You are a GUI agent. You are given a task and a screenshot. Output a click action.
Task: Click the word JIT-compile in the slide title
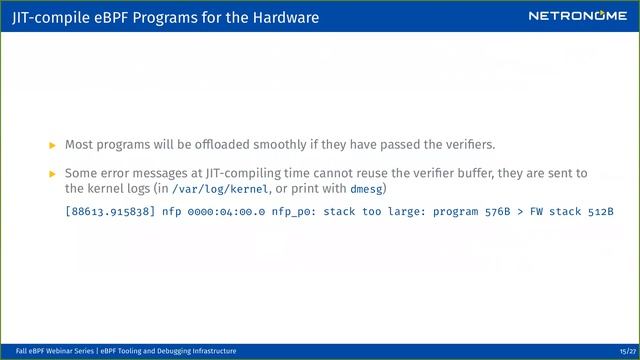[x=44, y=16]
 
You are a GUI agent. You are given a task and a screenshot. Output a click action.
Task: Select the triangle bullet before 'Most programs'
[x=54, y=145]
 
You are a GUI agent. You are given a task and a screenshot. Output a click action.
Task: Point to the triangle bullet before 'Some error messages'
[x=54, y=174]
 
